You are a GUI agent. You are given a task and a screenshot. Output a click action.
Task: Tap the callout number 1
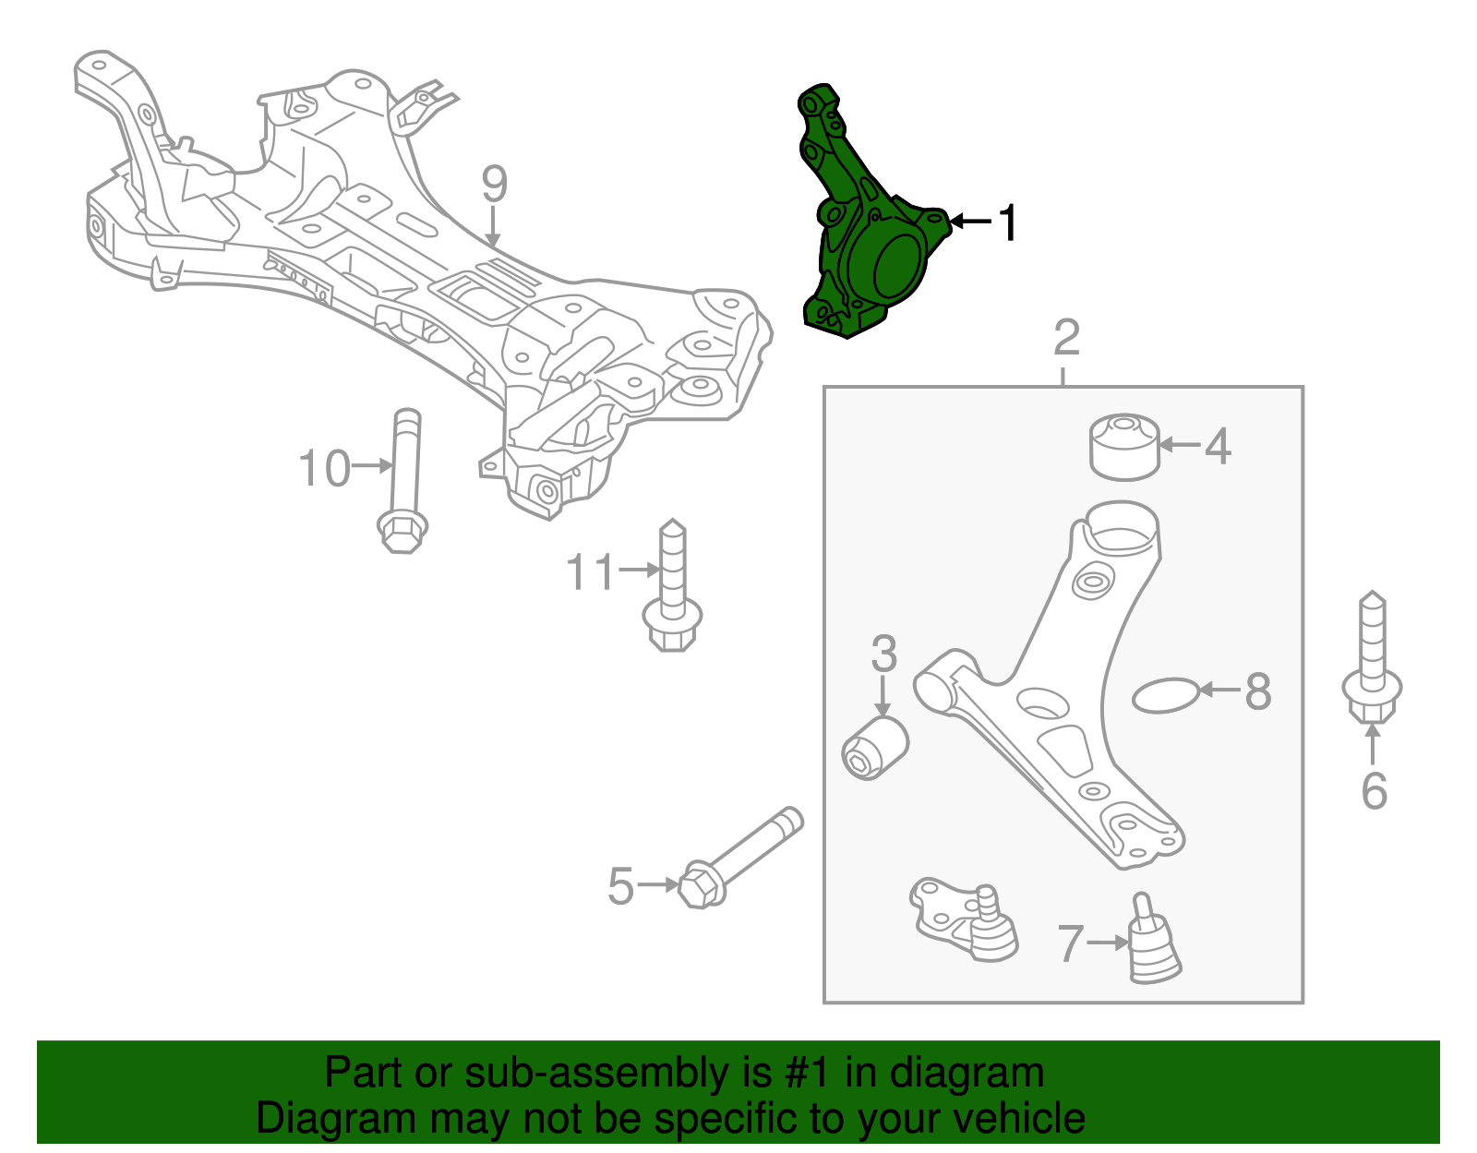(1008, 222)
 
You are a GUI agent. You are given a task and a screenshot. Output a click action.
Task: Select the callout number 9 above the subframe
(494, 185)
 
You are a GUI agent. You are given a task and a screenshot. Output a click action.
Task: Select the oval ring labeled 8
(1166, 696)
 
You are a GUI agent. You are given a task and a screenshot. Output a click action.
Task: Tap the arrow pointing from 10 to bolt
(373, 466)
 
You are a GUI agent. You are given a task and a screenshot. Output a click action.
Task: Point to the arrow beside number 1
(969, 222)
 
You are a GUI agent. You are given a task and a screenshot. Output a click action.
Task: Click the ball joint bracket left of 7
(960, 919)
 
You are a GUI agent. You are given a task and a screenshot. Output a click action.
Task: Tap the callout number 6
(1374, 791)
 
